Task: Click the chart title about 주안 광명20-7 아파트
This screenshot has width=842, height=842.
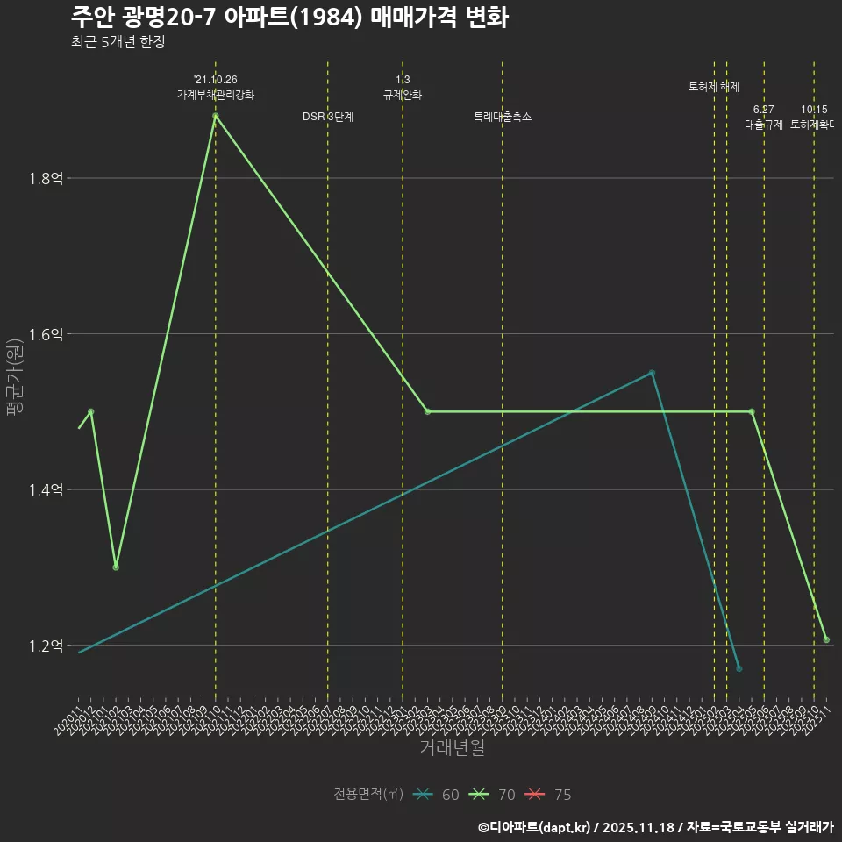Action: pyautogui.click(x=289, y=17)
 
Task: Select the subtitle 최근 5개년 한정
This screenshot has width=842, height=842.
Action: pyautogui.click(x=118, y=41)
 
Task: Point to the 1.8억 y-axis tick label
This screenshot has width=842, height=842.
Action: pyautogui.click(x=46, y=178)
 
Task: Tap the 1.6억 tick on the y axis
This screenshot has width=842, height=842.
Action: pyautogui.click(x=46, y=334)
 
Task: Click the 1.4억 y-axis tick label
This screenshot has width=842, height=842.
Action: pyautogui.click(x=46, y=489)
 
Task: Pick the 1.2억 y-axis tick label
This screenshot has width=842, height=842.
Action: pyautogui.click(x=46, y=646)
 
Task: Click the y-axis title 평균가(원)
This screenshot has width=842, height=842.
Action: pyautogui.click(x=15, y=377)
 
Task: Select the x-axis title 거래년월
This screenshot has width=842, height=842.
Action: pyautogui.click(x=452, y=748)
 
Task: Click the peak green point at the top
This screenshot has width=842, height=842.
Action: pyautogui.click(x=215, y=116)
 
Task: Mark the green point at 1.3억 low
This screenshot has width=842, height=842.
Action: pyautogui.click(x=116, y=567)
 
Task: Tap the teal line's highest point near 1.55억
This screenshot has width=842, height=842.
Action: pyautogui.click(x=652, y=373)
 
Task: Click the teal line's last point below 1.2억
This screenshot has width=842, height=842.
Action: pyautogui.click(x=739, y=669)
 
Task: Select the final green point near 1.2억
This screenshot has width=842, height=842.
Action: pyautogui.click(x=826, y=639)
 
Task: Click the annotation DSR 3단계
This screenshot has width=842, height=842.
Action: pyautogui.click(x=328, y=117)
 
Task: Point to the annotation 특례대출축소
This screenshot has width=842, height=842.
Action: pyautogui.click(x=503, y=117)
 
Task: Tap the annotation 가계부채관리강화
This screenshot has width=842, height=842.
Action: pyautogui.click(x=216, y=95)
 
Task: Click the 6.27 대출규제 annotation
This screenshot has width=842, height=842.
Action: pyautogui.click(x=764, y=118)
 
